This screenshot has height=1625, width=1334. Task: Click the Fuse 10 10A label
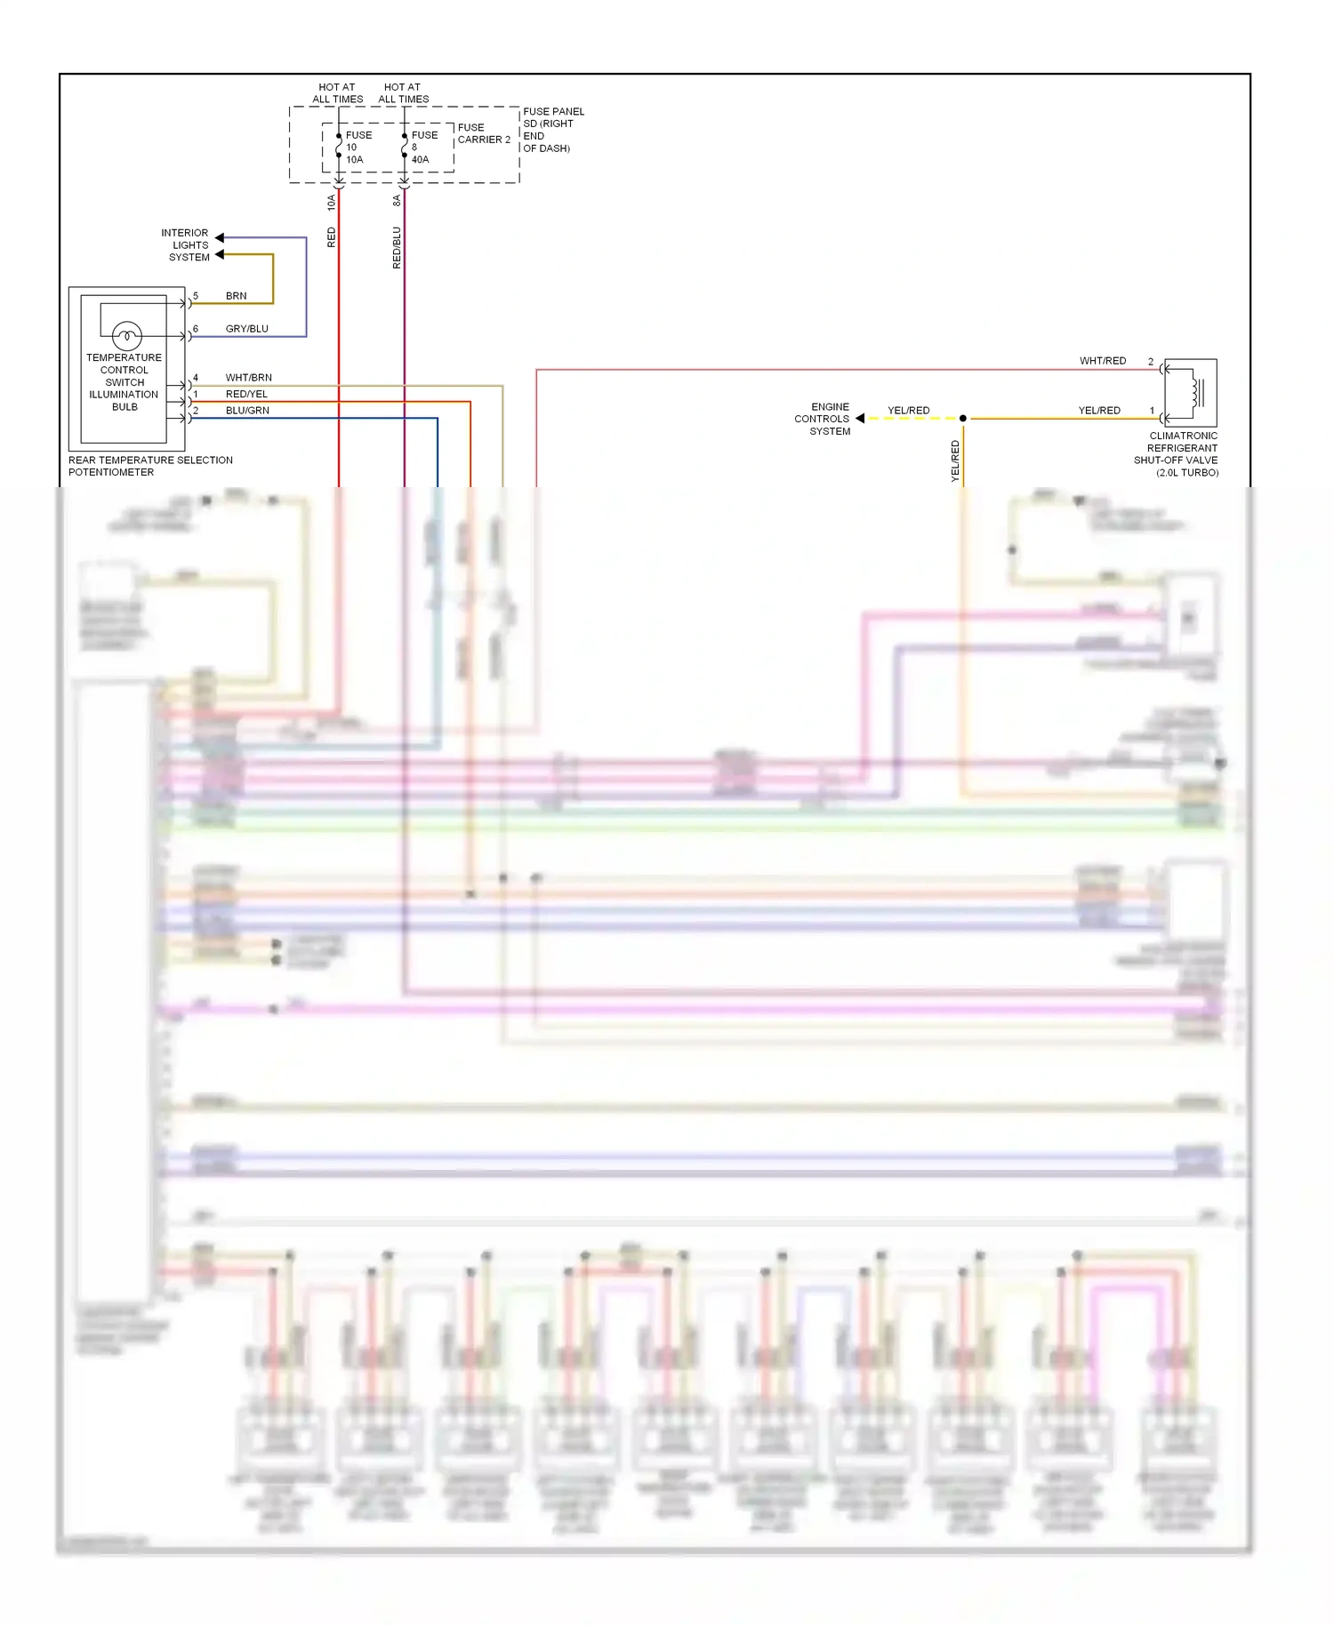(x=358, y=148)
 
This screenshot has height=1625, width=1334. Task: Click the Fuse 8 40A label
(x=423, y=148)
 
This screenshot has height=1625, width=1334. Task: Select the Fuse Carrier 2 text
(x=483, y=133)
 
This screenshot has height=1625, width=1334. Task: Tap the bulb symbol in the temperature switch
(x=127, y=336)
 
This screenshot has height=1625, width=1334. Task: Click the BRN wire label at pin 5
(x=236, y=296)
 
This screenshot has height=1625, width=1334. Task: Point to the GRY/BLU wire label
(x=246, y=329)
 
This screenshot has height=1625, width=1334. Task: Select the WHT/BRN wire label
(x=248, y=378)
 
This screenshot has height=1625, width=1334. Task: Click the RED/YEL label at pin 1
(x=246, y=394)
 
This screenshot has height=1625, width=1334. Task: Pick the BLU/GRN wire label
(x=247, y=411)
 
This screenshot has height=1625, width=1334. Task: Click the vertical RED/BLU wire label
(x=397, y=248)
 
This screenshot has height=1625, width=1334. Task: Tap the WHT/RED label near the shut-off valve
(x=1102, y=361)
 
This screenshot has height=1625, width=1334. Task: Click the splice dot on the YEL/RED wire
(x=962, y=418)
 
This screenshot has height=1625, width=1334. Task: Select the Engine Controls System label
(x=823, y=419)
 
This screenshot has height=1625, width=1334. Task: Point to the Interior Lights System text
(x=186, y=245)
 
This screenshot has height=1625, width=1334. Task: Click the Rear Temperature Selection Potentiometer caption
(x=149, y=466)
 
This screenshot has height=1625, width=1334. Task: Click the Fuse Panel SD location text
(x=552, y=130)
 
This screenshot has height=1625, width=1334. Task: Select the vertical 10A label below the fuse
(x=332, y=203)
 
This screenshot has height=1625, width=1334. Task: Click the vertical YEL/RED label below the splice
(x=955, y=461)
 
